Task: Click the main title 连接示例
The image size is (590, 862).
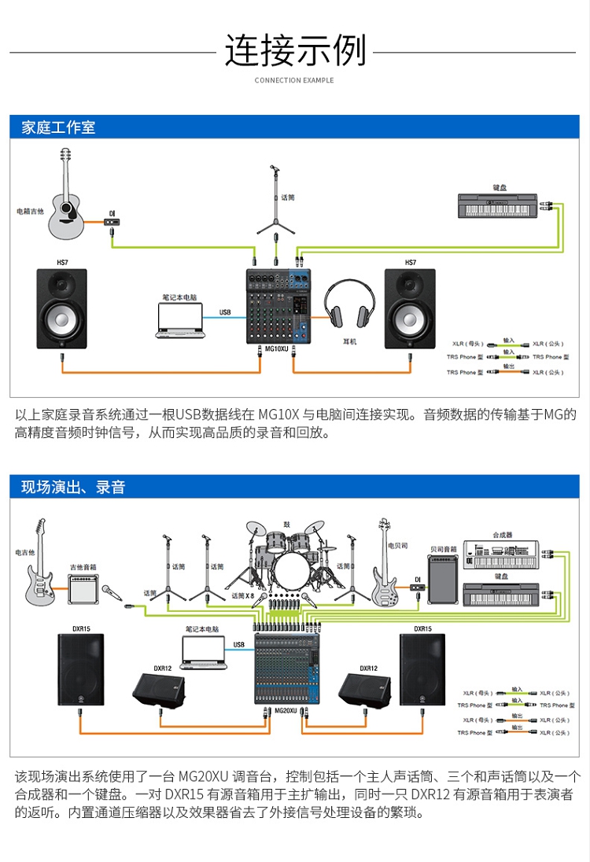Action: (295, 50)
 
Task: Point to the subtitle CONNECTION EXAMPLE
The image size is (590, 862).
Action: (294, 80)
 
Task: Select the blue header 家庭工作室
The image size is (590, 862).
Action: (58, 127)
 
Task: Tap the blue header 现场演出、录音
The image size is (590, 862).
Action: (73, 487)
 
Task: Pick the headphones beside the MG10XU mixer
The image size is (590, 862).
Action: (349, 306)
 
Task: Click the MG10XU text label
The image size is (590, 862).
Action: (277, 348)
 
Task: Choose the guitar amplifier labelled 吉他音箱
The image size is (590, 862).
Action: (83, 588)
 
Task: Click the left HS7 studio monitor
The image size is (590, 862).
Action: (62, 309)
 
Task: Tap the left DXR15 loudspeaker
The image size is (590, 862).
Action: (80, 669)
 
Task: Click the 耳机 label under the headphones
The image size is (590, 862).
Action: (350, 342)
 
